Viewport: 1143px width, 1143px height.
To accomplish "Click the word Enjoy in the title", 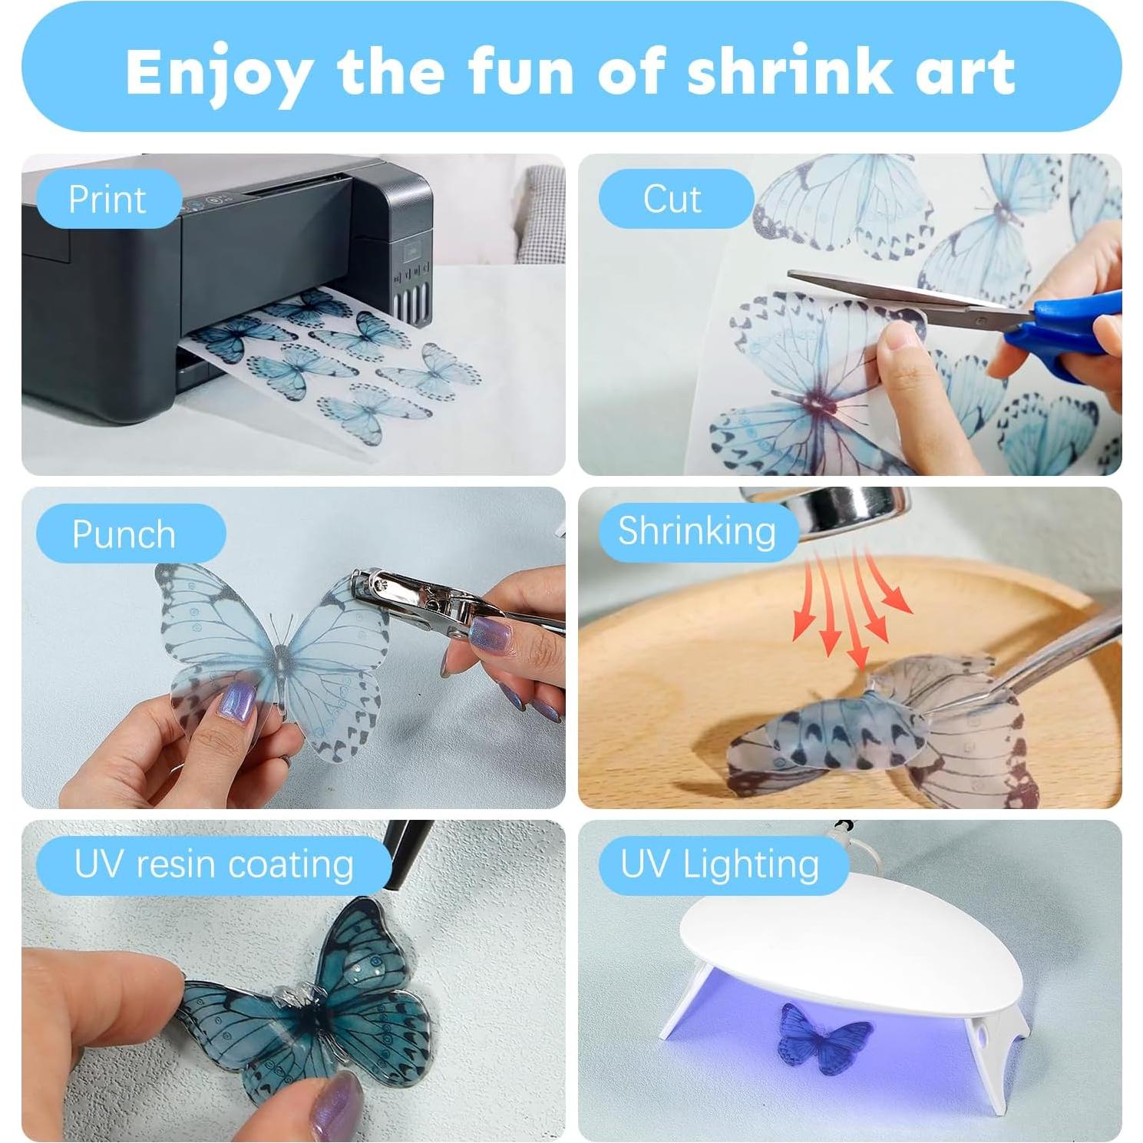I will pos(219,71).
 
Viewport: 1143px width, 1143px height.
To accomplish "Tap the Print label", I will pos(107,200).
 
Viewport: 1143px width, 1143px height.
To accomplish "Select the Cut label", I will pos(672,200).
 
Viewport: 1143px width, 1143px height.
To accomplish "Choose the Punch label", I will pos(124,534).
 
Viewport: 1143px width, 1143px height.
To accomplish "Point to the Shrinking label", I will pos(697,531).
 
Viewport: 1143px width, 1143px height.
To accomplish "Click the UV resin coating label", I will pos(213,865).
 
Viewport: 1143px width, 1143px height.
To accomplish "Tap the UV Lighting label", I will pos(720,865).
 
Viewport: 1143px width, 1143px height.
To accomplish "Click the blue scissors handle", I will pos(1075,326).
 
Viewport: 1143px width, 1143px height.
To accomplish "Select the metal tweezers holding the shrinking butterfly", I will pos(1059,652).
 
